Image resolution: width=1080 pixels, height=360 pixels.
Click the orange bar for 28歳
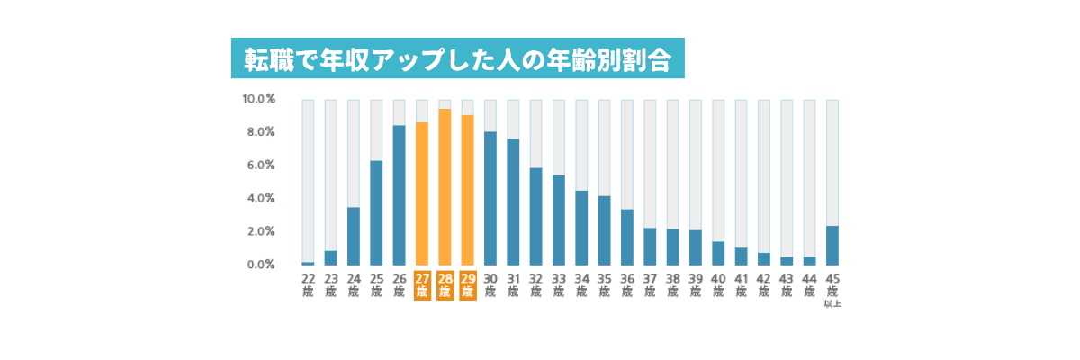coord(445,187)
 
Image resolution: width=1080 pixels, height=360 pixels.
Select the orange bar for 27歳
coord(422,193)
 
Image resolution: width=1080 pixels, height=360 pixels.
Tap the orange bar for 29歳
coord(467,190)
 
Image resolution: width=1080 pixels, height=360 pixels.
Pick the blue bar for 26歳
coord(399,195)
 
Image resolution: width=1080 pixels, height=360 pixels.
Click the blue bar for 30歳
coord(490,199)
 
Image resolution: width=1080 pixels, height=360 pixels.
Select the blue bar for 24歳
coord(354,237)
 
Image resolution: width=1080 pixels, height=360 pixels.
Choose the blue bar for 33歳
coord(559,220)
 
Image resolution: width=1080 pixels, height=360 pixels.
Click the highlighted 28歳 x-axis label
coord(445,285)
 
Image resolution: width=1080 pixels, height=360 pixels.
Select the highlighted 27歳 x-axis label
coord(422,285)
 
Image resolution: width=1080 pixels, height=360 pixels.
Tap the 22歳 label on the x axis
coord(308,285)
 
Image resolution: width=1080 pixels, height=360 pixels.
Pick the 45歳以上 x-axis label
coord(832,290)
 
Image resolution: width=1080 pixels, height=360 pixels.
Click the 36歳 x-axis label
coord(627,285)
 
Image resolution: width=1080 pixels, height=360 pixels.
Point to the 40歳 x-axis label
coord(718,285)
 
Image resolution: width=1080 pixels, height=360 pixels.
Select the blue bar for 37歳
coord(650,247)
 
